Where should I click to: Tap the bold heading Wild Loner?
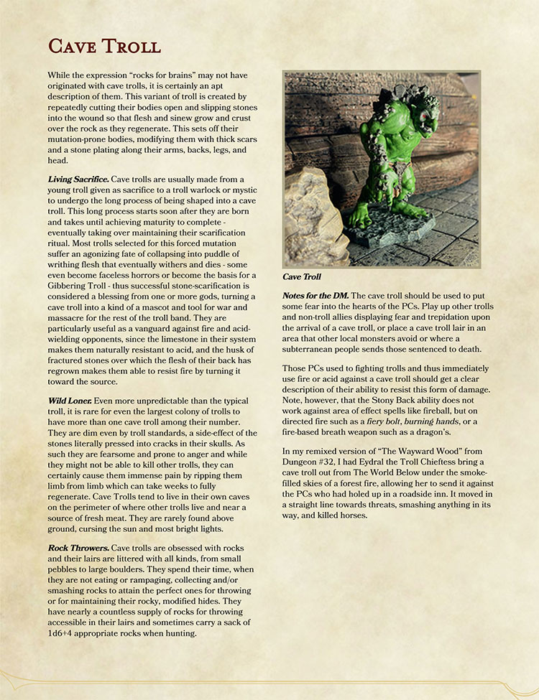(x=70, y=401)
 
